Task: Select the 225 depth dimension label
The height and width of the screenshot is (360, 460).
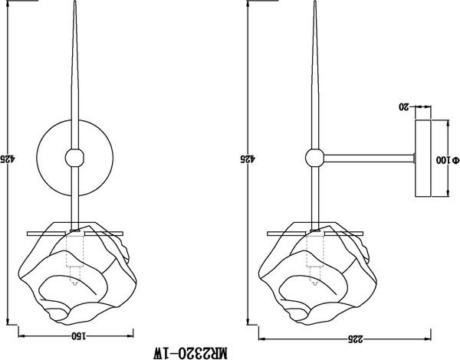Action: coord(356,339)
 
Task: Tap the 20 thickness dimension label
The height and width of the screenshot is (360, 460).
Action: coord(404,107)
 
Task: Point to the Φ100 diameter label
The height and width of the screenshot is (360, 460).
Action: coord(447,160)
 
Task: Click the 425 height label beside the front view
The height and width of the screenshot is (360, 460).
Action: coord(7,159)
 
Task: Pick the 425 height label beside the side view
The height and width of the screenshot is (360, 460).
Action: coord(248,159)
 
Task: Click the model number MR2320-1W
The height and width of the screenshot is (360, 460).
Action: coord(190,353)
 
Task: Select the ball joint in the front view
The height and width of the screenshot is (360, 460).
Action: coord(74,158)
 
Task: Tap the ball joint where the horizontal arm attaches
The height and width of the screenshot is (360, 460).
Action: coord(315,158)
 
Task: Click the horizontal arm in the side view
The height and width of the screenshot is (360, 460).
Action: coord(369,159)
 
